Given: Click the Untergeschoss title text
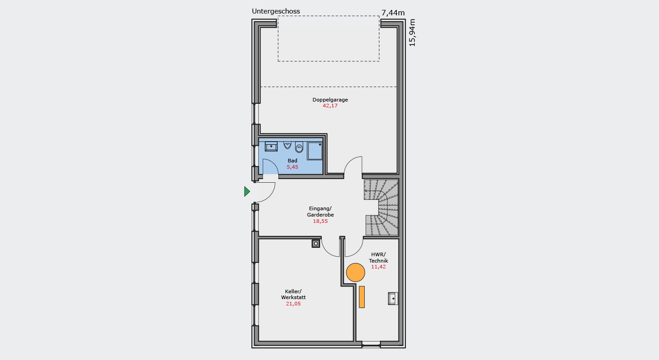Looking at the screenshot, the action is [x=276, y=11].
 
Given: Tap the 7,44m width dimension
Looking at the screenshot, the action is [x=393, y=13].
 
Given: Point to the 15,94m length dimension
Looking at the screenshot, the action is [x=412, y=32].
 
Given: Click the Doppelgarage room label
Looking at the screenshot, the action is [x=330, y=100].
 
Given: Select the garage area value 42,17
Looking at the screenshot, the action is [x=330, y=106].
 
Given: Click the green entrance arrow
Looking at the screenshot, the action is [x=247, y=191].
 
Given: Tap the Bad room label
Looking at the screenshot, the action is [x=292, y=161].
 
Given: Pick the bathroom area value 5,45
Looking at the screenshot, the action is [x=292, y=167].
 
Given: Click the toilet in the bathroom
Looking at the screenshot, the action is [x=299, y=147].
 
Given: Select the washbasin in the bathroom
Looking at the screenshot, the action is [x=271, y=146].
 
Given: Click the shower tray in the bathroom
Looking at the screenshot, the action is [x=315, y=151].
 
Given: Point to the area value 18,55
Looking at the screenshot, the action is [x=320, y=221].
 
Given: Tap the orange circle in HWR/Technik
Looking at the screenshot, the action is [x=355, y=272].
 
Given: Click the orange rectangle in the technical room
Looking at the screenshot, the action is [x=362, y=297].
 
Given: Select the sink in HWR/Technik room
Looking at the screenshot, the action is [x=393, y=299].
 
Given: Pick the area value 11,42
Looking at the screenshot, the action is [x=378, y=267].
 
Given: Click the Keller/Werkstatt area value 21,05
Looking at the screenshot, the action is [x=293, y=304].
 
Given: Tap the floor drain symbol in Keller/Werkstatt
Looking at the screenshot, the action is [x=316, y=244].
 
